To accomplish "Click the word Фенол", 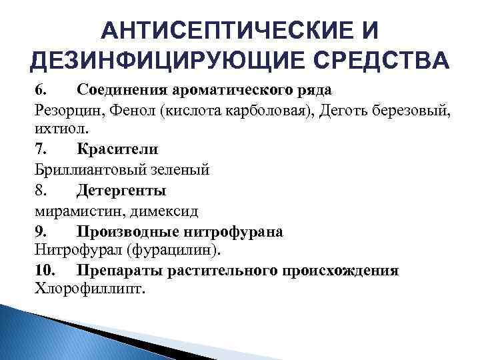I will click(x=126, y=109).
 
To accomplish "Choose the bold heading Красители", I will click(x=117, y=149).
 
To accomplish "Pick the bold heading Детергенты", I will click(x=121, y=191).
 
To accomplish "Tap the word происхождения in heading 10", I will click(x=341, y=271).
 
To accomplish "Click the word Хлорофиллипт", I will click(x=87, y=291).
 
